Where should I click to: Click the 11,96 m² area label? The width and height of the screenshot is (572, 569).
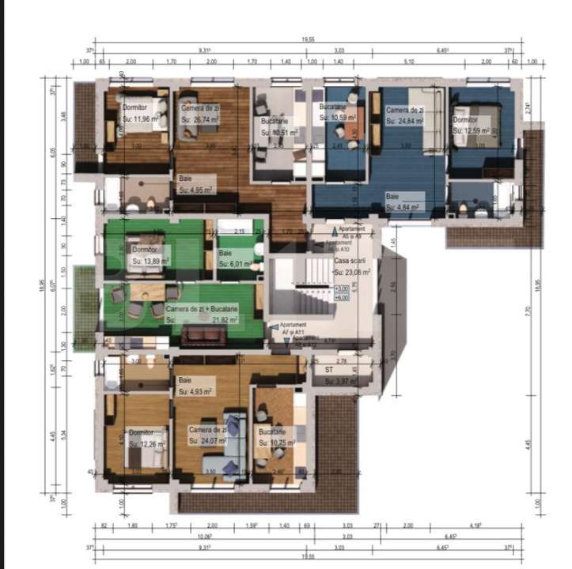pyautogui.click(x=146, y=119)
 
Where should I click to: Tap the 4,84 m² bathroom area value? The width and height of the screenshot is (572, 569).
pyautogui.click(x=403, y=207)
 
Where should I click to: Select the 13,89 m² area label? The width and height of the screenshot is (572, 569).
pyautogui.click(x=148, y=260)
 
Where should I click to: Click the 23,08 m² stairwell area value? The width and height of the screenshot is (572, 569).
pyautogui.click(x=351, y=272)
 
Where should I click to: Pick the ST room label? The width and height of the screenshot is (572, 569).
pyautogui.click(x=329, y=368)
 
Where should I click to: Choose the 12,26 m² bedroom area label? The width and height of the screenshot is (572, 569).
pyautogui.click(x=148, y=444)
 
